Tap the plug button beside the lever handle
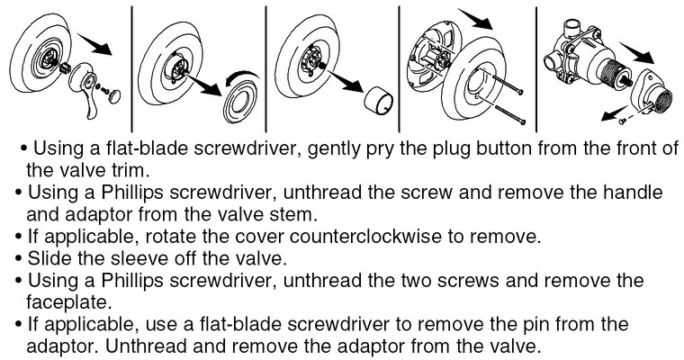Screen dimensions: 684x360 pyautogui.click(x=114, y=96)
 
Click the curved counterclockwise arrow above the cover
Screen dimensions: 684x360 pyautogui.click(x=241, y=78)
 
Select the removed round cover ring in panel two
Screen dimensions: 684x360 pyautogui.click(x=239, y=103)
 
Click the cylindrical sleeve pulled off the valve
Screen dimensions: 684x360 pyautogui.click(x=379, y=101)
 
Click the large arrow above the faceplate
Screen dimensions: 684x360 pyautogui.click(x=475, y=18)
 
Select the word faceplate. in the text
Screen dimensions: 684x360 pyautogui.click(x=67, y=301)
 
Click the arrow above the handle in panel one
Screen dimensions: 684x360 pyautogui.click(x=95, y=42)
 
